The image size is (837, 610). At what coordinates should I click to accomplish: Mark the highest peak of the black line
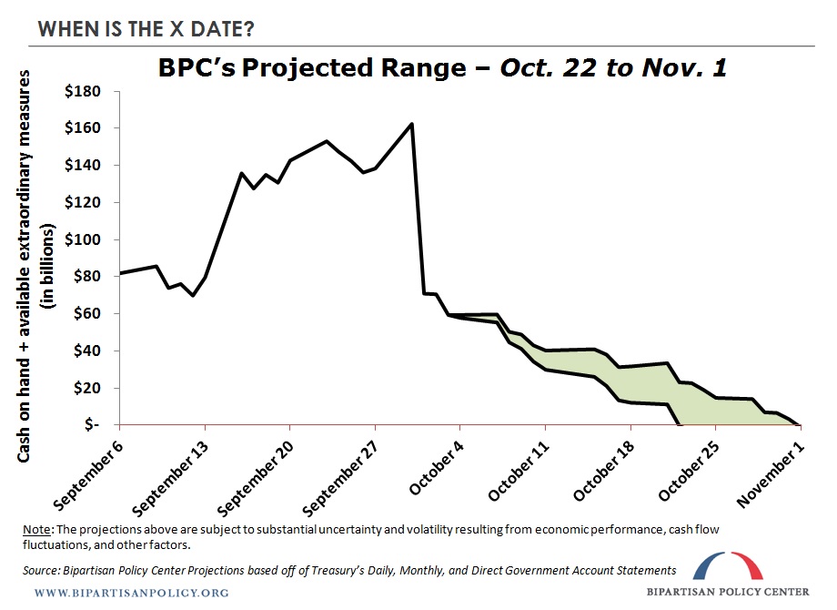tap(412, 124)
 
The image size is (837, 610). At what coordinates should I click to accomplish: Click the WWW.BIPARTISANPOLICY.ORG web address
tap(131, 593)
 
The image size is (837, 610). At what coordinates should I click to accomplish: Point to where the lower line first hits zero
tap(680, 424)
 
